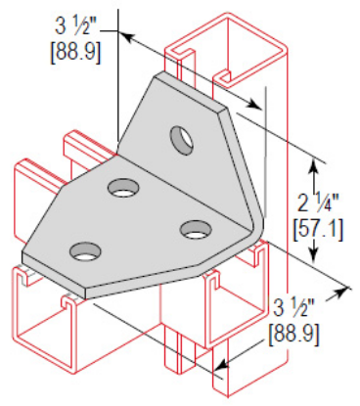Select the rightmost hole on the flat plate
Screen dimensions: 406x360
(196, 230)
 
